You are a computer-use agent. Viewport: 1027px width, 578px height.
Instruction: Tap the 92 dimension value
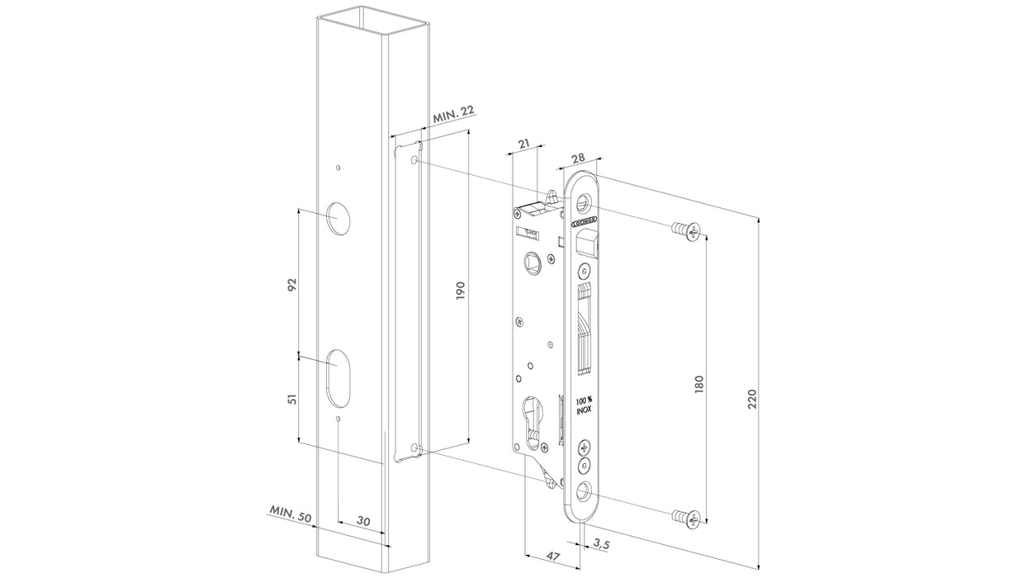291,284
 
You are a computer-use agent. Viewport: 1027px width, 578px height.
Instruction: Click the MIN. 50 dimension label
289,514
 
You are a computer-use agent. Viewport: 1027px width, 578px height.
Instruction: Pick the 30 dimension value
363,521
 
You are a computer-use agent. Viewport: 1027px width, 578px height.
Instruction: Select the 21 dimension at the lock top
523,145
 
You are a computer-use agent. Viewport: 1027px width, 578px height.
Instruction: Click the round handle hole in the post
338,216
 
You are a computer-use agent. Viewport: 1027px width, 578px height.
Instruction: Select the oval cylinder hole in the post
338,377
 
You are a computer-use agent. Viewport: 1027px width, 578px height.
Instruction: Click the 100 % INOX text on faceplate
584,403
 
